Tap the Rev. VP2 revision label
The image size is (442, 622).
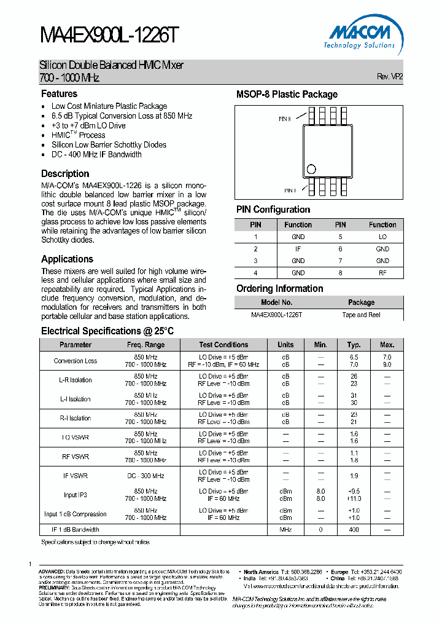click(x=390, y=77)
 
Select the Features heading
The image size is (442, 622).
click(x=59, y=94)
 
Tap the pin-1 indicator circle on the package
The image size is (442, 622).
click(x=311, y=168)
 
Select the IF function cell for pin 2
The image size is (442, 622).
click(x=298, y=249)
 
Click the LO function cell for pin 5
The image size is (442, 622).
click(x=382, y=237)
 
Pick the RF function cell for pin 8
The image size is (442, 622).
click(x=382, y=273)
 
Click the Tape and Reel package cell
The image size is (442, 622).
click(x=361, y=314)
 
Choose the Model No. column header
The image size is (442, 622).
click(x=276, y=302)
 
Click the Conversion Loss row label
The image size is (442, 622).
click(x=76, y=361)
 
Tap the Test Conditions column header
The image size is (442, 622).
click(x=223, y=345)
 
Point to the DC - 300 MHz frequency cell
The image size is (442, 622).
click(x=145, y=476)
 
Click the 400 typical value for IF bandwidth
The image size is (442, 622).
click(x=354, y=529)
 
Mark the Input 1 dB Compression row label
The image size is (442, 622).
click(x=76, y=514)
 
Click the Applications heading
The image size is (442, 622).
click(x=67, y=259)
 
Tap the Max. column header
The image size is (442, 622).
click(x=387, y=345)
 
